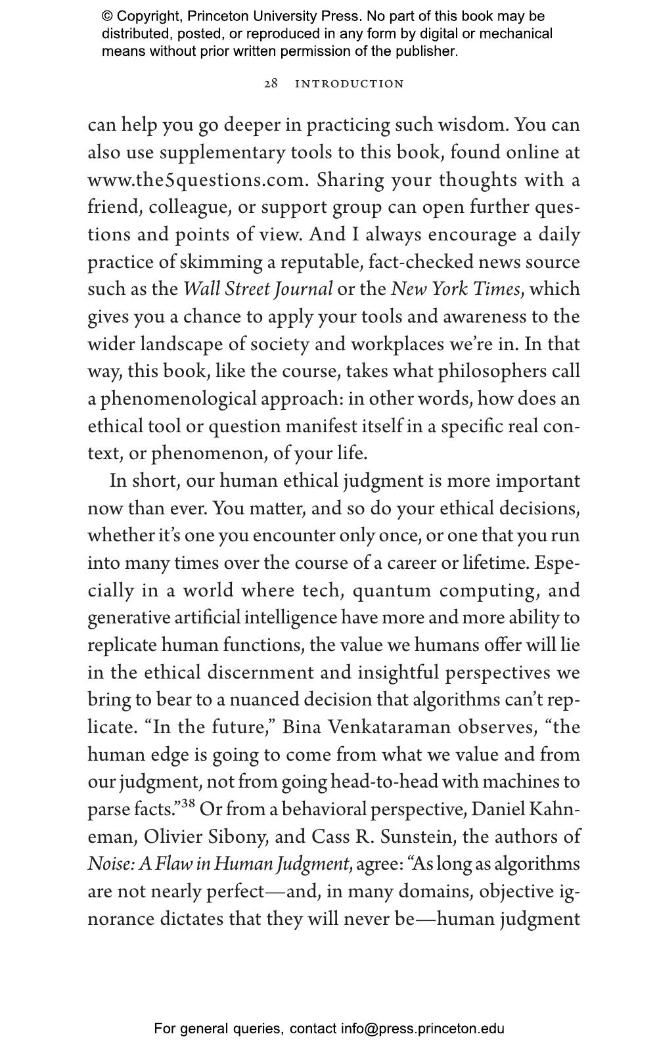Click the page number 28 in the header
click(271, 83)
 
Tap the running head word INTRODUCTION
click(350, 84)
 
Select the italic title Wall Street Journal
click(258, 289)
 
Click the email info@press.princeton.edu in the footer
click(422, 1029)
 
